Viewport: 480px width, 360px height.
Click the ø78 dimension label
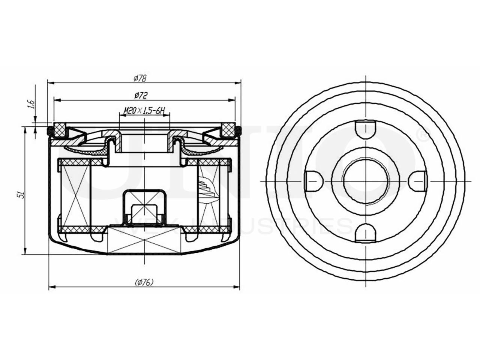point(139,78)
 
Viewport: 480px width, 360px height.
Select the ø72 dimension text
point(139,96)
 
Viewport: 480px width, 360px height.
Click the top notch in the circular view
point(365,128)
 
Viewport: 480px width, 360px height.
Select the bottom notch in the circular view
point(365,233)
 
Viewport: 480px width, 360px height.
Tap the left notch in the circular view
point(313,181)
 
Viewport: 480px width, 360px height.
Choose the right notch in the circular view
point(417,181)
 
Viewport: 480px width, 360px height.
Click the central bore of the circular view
point(365,181)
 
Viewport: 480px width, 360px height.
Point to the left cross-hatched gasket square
point(60,129)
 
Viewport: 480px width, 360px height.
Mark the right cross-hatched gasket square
point(228,129)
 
